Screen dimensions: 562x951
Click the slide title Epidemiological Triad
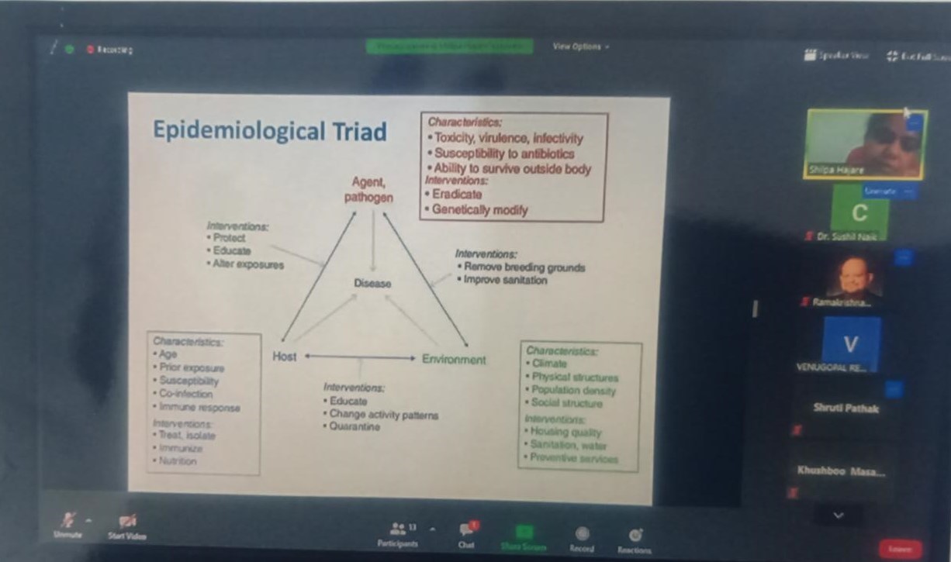[x=269, y=131]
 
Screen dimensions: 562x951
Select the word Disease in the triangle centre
[x=372, y=284]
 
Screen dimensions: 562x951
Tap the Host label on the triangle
[x=284, y=357]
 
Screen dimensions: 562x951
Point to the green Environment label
[x=454, y=359]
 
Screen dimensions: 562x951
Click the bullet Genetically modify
[x=479, y=209]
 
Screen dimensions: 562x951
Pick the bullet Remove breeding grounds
[x=524, y=267]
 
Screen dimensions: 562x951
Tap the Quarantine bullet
[x=354, y=427]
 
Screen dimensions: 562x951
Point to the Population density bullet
[x=573, y=391]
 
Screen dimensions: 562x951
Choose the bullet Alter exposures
[x=248, y=264]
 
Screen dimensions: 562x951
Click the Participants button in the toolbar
[x=398, y=534]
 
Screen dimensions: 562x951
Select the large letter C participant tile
[x=859, y=211]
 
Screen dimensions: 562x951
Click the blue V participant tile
[x=850, y=343]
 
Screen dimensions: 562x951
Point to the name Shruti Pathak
[x=846, y=408]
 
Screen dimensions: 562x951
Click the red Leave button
[x=900, y=549]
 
